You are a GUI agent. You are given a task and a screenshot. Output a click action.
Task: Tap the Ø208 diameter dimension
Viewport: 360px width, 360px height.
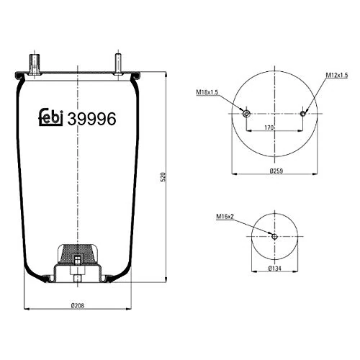coord(77,306)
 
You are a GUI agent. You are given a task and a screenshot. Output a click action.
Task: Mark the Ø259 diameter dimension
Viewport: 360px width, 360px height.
coord(275,171)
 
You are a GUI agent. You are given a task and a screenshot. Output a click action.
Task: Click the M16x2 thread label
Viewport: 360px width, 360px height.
coord(225,217)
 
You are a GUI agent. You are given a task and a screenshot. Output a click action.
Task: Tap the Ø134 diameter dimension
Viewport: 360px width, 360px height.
coord(274,268)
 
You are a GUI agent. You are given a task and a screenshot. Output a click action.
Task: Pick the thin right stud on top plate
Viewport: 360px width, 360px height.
coord(117,63)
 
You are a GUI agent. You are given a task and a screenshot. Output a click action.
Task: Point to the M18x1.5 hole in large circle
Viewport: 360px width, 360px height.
coord(246,114)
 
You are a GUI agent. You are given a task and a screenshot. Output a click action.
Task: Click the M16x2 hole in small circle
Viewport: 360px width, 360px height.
coord(274,236)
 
